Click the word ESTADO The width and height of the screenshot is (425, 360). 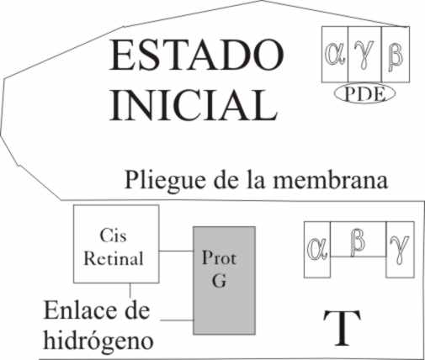click(196, 55)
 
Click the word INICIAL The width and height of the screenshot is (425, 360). click(194, 104)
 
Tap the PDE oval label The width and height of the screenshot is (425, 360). click(364, 93)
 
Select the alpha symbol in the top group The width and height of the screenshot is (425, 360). click(335, 53)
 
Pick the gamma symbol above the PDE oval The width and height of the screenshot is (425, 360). click(364, 55)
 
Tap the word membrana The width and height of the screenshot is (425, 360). click(331, 179)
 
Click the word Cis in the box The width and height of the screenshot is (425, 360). click(113, 236)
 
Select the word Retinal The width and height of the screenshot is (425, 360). click(114, 258)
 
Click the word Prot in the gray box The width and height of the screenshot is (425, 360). click(219, 257)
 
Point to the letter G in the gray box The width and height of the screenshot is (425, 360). click(219, 280)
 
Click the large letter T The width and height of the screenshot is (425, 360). click(342, 328)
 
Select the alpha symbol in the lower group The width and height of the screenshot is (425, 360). click(317, 249)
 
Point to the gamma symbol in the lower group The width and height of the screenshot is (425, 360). click(400, 251)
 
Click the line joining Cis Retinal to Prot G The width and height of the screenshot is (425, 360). click(177, 251)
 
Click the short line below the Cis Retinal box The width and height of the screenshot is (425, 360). click(130, 290)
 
